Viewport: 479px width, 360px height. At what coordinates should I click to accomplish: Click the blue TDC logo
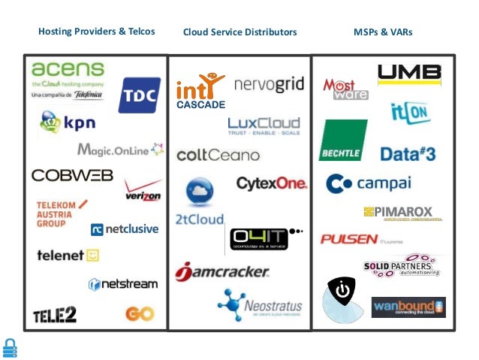tap(139, 95)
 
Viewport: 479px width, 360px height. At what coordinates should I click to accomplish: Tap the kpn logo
tap(68, 121)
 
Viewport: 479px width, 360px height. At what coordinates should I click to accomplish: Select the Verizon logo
tap(143, 191)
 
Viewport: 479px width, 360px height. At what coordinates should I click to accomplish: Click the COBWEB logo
tap(72, 175)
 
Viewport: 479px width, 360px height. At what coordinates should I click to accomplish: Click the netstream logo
tap(123, 284)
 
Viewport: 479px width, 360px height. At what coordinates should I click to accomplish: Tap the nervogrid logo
tap(269, 85)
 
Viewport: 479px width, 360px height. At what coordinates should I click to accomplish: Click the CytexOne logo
tap(271, 183)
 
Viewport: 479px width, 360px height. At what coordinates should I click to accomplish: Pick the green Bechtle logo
tap(343, 140)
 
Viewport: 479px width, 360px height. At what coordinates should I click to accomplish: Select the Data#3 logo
tap(408, 154)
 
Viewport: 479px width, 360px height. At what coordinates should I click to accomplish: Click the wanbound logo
tap(408, 307)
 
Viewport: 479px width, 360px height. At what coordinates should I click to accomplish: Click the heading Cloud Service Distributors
tap(239, 32)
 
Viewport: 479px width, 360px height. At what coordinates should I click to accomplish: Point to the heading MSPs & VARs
tap(383, 32)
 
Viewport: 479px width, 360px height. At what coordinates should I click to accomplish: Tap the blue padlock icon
tap(10, 347)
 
